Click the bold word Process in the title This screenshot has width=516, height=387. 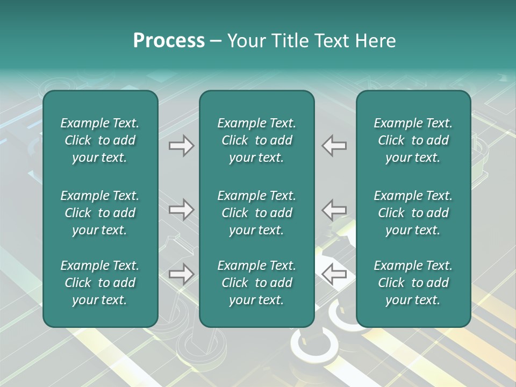[x=169, y=41]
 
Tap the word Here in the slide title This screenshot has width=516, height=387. [x=375, y=41]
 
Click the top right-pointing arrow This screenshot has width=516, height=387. [x=181, y=146]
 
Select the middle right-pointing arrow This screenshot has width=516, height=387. [x=181, y=209]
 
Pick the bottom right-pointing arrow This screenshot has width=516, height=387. [x=181, y=274]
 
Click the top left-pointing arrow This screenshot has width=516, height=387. [x=334, y=146]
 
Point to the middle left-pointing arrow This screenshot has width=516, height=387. [x=334, y=209]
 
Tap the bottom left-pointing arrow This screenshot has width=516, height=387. [x=334, y=274]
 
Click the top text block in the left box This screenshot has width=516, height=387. [x=100, y=140]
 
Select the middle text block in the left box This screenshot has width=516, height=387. [x=100, y=213]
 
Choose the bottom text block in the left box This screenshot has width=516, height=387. [x=100, y=283]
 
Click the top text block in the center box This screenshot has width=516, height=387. [x=256, y=140]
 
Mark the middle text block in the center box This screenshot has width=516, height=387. [x=256, y=213]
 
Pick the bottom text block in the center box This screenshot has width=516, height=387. [x=256, y=283]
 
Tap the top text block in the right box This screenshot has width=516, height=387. [x=413, y=140]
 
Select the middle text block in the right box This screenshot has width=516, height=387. [x=413, y=213]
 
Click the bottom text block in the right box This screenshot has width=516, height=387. [x=413, y=283]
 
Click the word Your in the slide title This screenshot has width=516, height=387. [x=246, y=41]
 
